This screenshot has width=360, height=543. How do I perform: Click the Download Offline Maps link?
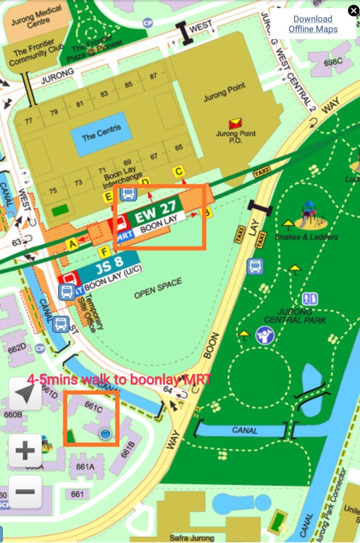(313, 24)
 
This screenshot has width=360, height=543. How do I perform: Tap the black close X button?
(353, 11)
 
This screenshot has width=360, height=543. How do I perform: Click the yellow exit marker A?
(71, 244)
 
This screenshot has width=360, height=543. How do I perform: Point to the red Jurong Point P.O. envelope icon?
(235, 123)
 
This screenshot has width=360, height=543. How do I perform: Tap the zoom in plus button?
(25, 450)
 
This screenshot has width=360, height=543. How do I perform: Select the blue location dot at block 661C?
(105, 434)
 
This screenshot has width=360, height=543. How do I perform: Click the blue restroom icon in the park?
(310, 299)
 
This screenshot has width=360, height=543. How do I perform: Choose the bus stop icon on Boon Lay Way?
(255, 266)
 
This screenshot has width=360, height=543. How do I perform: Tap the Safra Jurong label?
(192, 538)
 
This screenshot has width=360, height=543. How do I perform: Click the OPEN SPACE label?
(158, 289)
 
